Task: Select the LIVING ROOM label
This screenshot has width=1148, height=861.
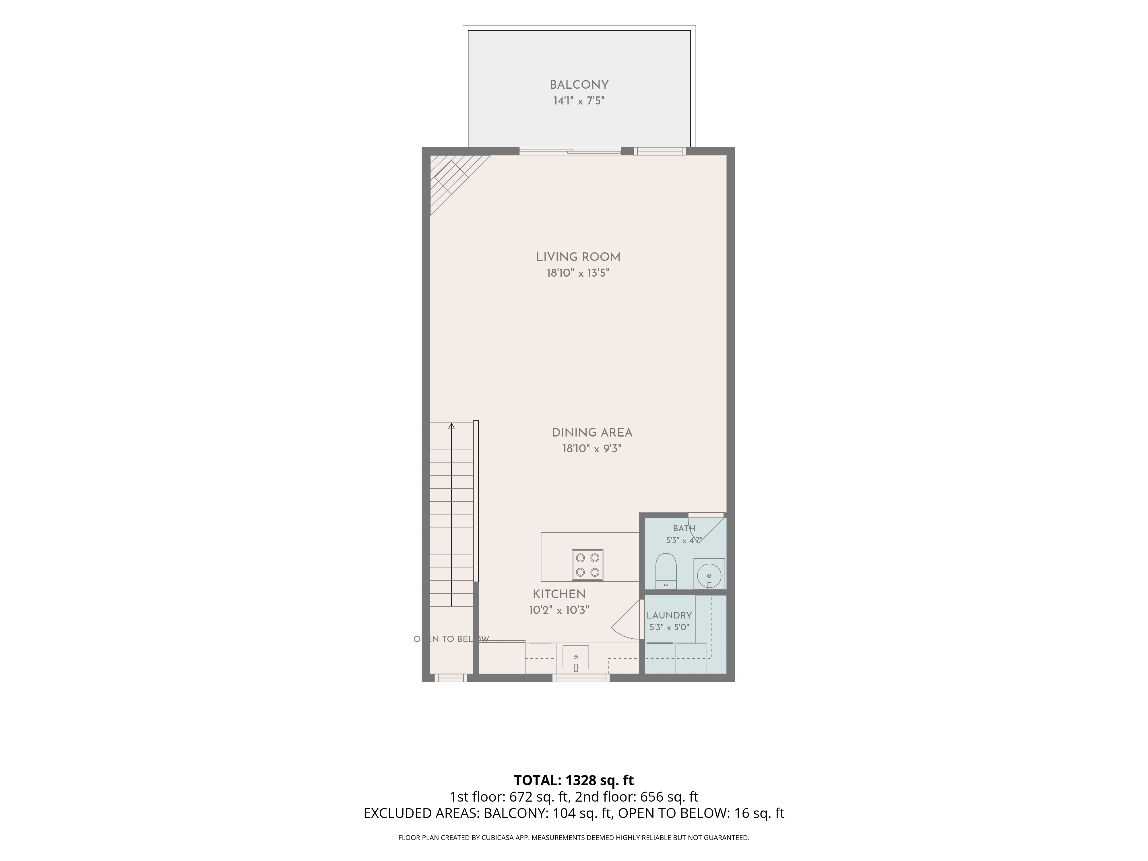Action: tap(578, 257)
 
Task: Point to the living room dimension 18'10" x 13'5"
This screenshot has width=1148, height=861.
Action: tap(578, 273)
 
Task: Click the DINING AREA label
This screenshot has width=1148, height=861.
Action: tap(592, 432)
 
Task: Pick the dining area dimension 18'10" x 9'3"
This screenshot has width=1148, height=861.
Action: tap(592, 448)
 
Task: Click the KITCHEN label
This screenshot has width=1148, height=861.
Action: tap(559, 594)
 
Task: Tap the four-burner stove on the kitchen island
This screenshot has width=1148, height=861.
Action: tap(587, 565)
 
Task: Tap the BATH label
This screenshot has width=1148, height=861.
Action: tap(684, 528)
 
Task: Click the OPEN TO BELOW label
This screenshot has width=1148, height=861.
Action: tap(451, 639)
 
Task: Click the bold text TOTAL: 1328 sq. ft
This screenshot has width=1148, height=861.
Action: tap(573, 780)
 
